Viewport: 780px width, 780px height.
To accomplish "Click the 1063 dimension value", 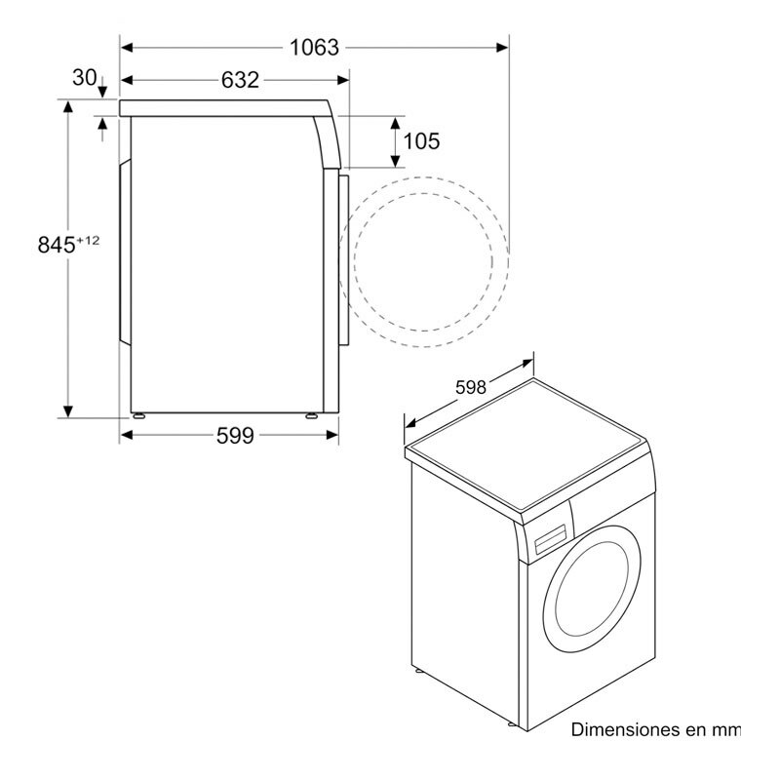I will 314,47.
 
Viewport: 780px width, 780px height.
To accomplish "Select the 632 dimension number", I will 240,80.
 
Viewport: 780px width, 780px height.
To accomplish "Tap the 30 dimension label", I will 85,77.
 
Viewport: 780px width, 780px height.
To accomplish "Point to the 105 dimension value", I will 421,141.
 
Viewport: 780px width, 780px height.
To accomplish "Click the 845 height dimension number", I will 57,246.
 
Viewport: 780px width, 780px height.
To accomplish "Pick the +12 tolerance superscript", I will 89,239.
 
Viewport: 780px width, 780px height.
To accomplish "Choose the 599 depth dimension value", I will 234,436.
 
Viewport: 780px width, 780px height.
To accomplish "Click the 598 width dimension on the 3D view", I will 470,388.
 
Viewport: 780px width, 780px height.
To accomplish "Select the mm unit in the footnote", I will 726,729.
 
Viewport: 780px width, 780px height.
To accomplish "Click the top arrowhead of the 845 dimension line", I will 68,106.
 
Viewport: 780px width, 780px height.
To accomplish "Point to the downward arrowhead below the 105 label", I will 396,161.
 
